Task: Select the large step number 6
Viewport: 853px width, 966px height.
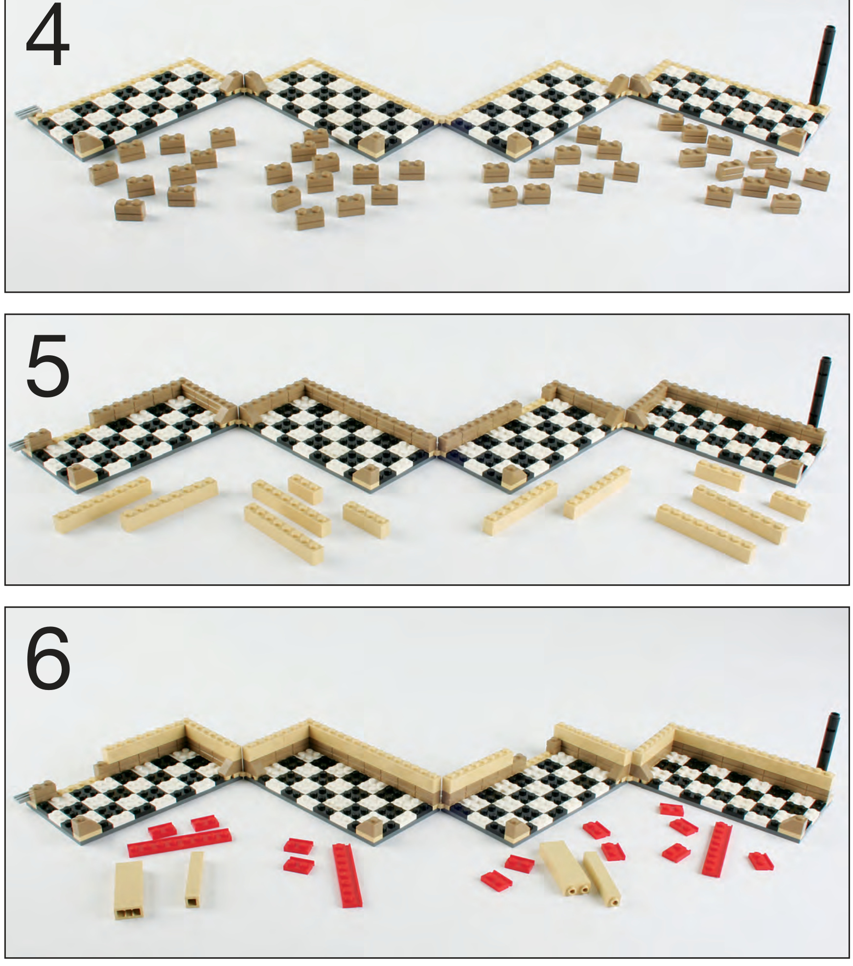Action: point(48,657)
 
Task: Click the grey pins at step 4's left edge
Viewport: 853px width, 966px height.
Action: point(24,114)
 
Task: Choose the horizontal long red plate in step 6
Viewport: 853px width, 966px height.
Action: point(179,842)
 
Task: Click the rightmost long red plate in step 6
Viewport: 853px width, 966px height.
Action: point(716,849)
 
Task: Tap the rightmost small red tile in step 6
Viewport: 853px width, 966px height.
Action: point(761,861)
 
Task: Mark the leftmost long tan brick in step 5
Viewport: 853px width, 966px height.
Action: point(101,505)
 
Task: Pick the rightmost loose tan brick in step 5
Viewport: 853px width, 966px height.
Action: point(790,506)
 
